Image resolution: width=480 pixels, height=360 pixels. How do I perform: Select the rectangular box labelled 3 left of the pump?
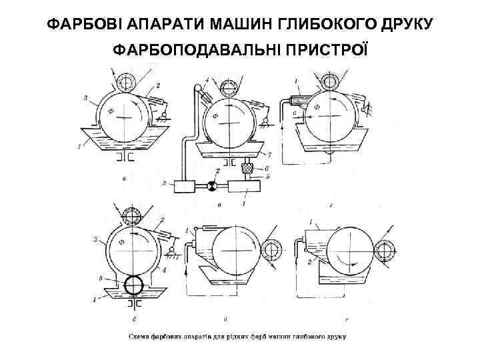184,187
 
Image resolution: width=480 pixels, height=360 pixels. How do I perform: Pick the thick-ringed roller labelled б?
134,285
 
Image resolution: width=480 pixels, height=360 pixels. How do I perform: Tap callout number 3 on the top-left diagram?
86,98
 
